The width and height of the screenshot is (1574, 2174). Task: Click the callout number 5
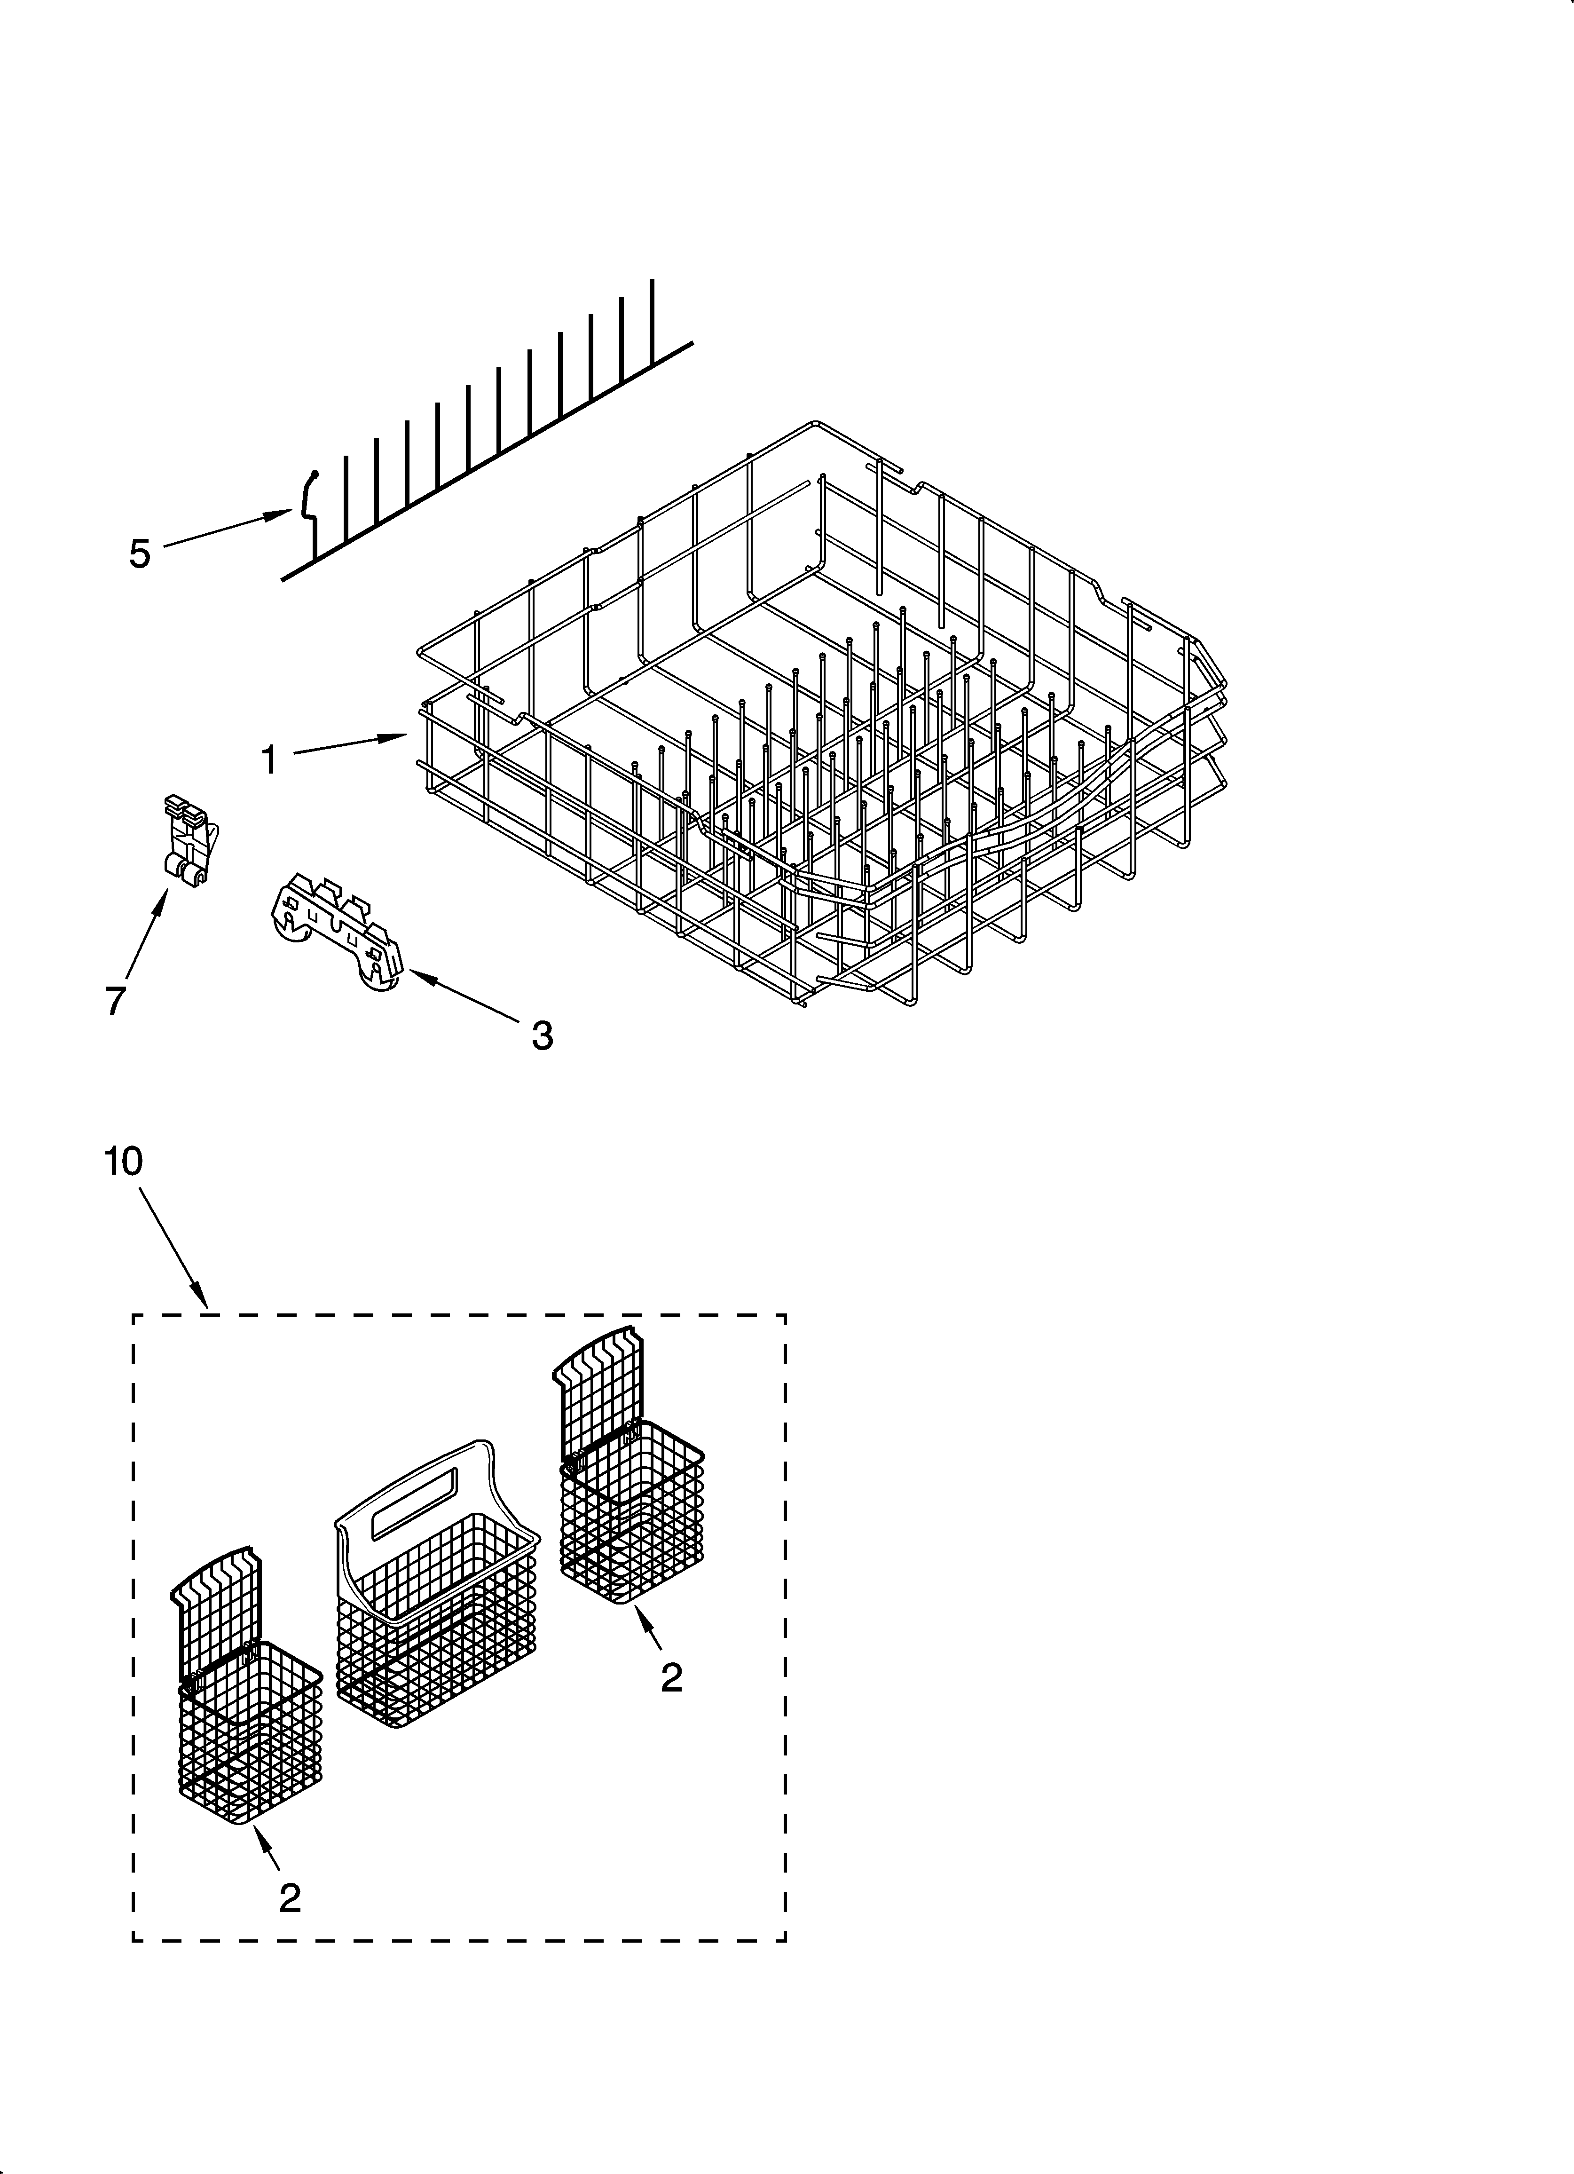coord(140,554)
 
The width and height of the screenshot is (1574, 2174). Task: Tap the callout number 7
coord(115,1000)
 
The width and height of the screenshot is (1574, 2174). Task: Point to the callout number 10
coord(124,1161)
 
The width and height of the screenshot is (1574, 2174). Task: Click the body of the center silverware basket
coord(436,1629)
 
